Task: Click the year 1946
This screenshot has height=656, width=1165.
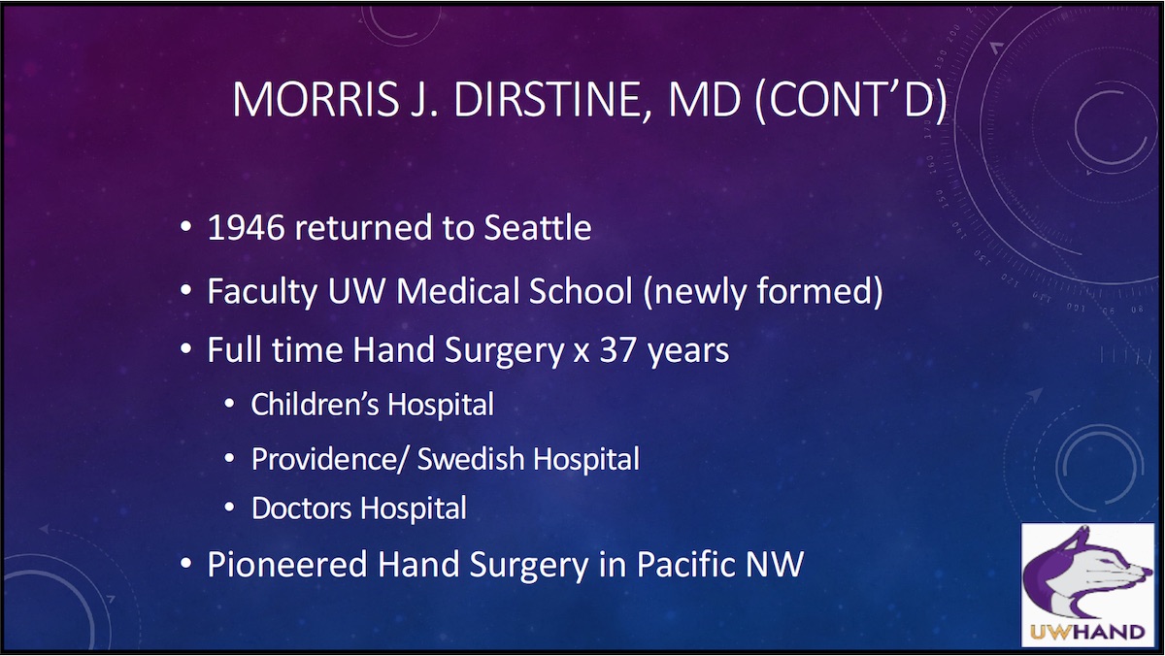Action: coord(247,229)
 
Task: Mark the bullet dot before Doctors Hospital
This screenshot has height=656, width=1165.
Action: coord(229,508)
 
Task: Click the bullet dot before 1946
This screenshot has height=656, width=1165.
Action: coord(185,230)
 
